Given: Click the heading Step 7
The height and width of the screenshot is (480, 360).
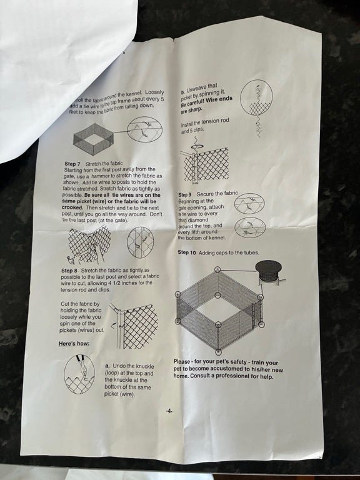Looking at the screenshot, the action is [x=72, y=164].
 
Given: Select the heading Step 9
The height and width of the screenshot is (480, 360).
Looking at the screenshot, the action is [x=184, y=195].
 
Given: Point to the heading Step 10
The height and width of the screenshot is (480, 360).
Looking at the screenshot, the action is [x=187, y=252].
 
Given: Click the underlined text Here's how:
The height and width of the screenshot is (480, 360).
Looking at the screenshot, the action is [x=74, y=344].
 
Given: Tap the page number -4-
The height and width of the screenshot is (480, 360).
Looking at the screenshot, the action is [x=169, y=411].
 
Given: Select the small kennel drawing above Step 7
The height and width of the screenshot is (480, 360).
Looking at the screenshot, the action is [x=94, y=139].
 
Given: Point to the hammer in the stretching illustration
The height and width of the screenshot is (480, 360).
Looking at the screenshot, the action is [x=71, y=261].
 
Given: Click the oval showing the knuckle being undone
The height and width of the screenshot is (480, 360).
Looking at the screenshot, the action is [x=79, y=374].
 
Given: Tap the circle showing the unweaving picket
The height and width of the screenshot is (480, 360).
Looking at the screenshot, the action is [x=256, y=97].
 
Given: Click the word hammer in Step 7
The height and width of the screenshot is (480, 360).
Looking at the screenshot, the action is [x=100, y=176].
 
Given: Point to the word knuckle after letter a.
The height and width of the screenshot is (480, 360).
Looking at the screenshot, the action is [x=145, y=366].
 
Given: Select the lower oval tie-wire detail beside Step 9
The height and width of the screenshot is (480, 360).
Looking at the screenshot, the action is [x=250, y=227].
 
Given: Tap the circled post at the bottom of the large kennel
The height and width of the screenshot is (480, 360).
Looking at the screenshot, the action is [x=218, y=352].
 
